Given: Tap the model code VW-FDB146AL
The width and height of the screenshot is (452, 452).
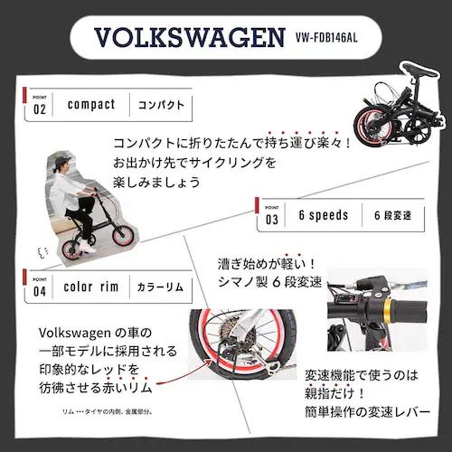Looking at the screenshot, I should click(x=339, y=41).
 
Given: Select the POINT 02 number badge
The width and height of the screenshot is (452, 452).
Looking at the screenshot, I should click(x=39, y=105).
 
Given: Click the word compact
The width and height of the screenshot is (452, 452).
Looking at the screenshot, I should click(x=91, y=105).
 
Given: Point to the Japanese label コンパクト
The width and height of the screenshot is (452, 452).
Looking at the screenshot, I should click(x=161, y=105).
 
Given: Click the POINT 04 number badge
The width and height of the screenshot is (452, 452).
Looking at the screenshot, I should click(x=39, y=287).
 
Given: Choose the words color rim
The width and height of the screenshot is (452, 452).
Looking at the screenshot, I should click(x=91, y=287).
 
